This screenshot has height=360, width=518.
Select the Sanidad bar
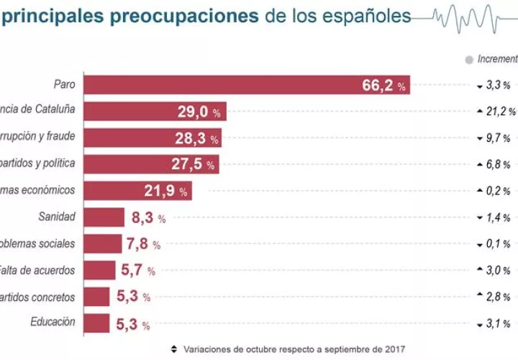coord(104,217)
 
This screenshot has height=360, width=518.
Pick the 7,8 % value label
coord(143,244)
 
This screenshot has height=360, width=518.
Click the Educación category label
coord(53,322)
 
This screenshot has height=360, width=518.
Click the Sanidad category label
coord(58,216)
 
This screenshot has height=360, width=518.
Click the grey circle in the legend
coord(469,59)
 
